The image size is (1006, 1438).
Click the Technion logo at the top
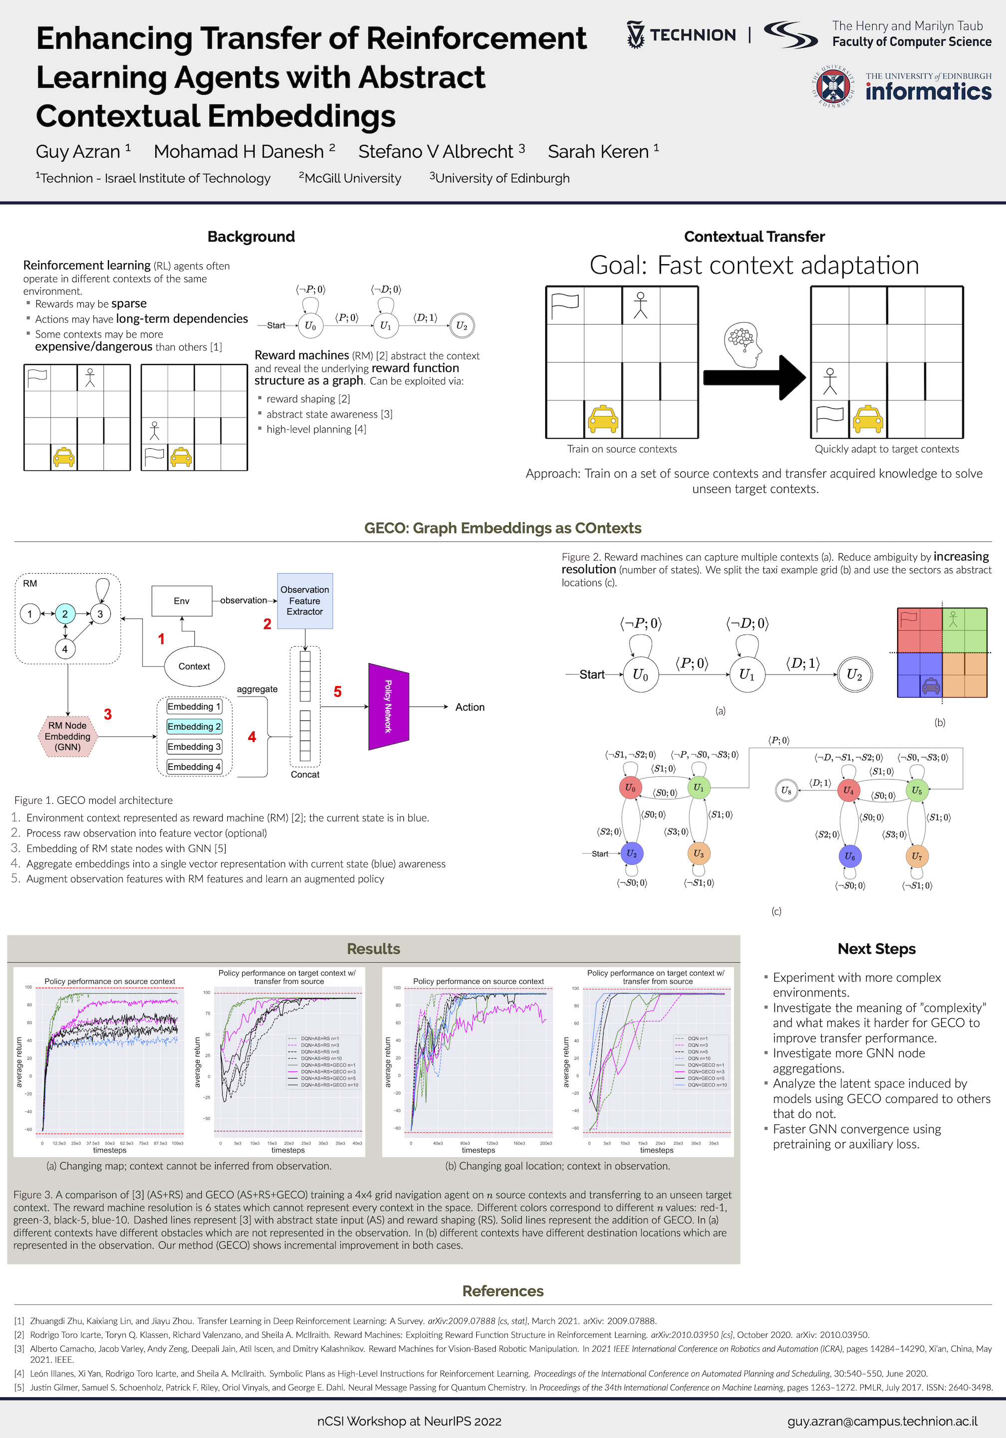681,35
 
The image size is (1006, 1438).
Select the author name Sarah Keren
598,152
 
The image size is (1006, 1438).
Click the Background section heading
251,237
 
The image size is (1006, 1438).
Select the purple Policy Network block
388,707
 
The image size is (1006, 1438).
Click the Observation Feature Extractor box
305,601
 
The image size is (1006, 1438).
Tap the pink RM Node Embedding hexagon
68,736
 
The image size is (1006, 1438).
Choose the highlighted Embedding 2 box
194,726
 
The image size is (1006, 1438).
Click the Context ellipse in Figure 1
194,667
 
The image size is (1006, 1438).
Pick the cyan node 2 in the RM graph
65,614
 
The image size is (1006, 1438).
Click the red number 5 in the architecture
337,692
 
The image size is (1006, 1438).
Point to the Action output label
470,707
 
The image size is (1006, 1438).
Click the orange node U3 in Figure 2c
698,854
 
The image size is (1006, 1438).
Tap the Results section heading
373,949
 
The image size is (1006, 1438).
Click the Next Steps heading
876,949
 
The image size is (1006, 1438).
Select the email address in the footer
882,1421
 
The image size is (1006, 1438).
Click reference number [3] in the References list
19,1349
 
